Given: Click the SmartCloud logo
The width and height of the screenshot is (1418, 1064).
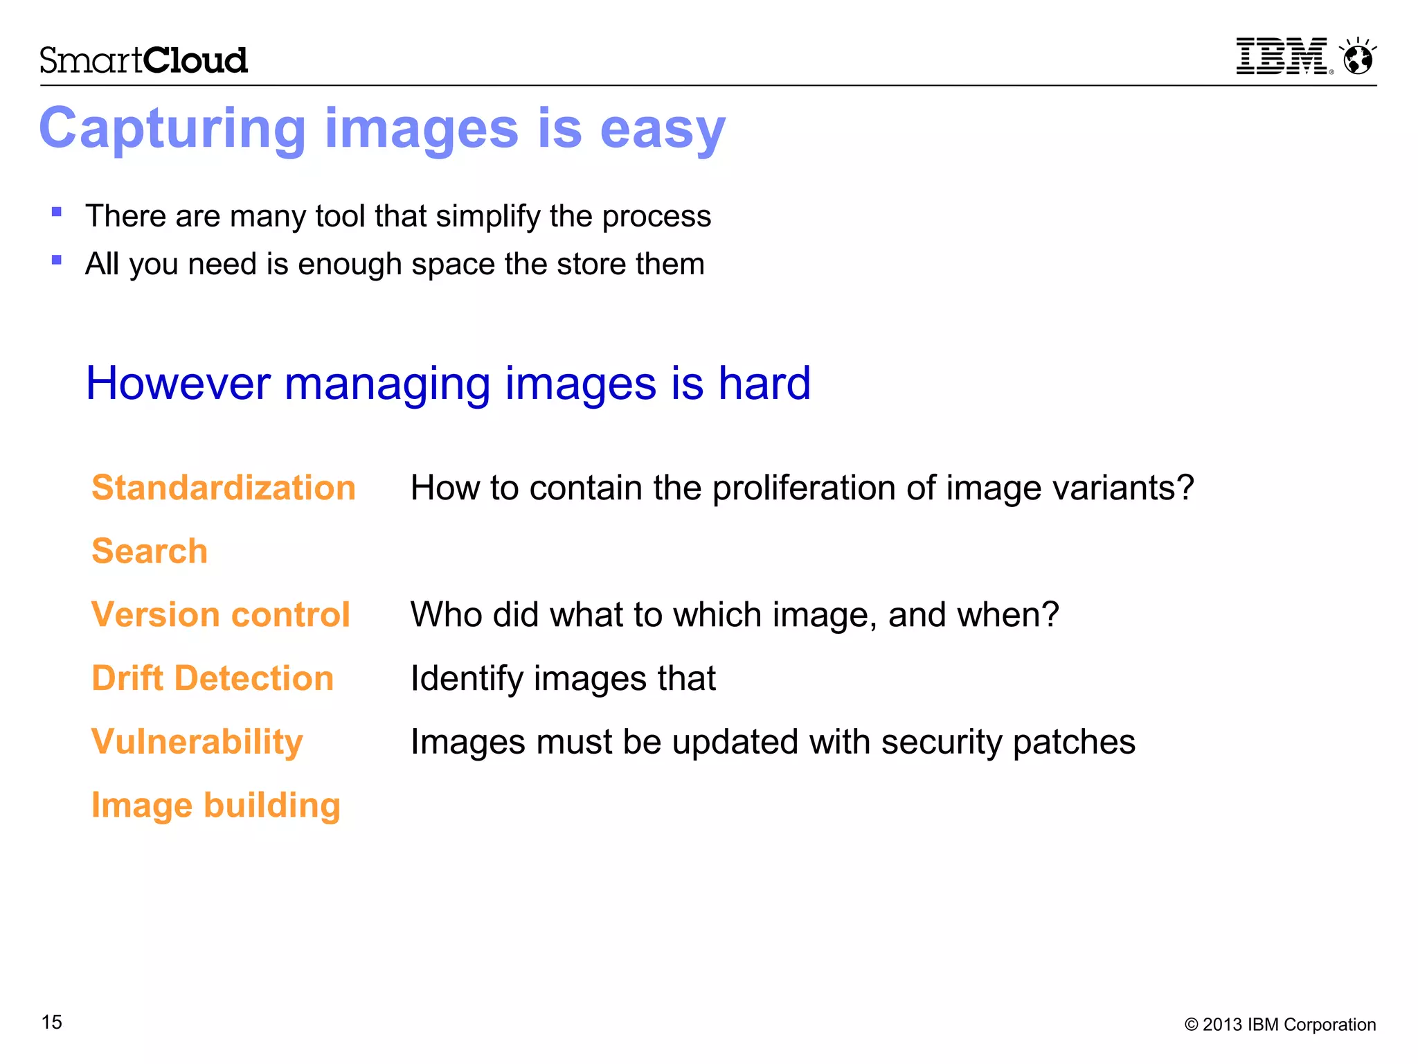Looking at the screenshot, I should pyautogui.click(x=143, y=60).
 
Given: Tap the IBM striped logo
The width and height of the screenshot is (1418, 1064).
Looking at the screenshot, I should pyautogui.click(x=1282, y=56).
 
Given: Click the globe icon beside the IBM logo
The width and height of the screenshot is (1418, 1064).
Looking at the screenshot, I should pyautogui.click(x=1358, y=57).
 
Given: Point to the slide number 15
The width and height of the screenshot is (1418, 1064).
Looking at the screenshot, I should pyautogui.click(x=52, y=1022).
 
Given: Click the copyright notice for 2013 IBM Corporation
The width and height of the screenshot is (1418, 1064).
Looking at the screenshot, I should pyautogui.click(x=1280, y=1025).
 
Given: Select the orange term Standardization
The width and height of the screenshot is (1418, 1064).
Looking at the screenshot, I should pyautogui.click(x=224, y=488).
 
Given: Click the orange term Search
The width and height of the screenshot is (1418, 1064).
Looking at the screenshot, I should pyautogui.click(x=150, y=551).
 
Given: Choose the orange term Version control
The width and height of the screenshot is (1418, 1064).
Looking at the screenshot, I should pyautogui.click(x=221, y=615).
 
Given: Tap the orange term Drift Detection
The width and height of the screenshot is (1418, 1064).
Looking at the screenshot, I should pyautogui.click(x=213, y=678).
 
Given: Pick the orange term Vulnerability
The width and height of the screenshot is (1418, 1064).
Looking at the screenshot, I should pyautogui.click(x=197, y=742).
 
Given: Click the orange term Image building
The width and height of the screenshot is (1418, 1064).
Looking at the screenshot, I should pyautogui.click(x=216, y=806).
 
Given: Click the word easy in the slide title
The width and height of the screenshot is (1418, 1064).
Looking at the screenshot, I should pyautogui.click(x=663, y=130).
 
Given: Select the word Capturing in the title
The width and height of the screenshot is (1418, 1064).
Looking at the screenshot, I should pyautogui.click(x=172, y=130).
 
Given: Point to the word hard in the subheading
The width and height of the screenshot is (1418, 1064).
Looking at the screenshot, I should pyautogui.click(x=764, y=383).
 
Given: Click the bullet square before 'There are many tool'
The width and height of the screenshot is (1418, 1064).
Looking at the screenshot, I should pyautogui.click(x=57, y=213).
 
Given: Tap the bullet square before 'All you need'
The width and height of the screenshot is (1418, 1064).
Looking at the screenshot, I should pyautogui.click(x=57, y=260).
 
